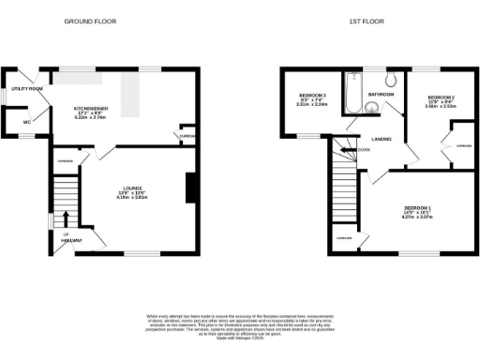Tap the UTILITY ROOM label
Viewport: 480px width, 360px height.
pyautogui.click(x=27, y=88)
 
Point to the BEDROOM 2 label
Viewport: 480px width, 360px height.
pyautogui.click(x=440, y=97)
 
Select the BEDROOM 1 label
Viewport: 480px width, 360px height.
pyautogui.click(x=418, y=208)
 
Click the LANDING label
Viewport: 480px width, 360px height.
pyautogui.click(x=382, y=139)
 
